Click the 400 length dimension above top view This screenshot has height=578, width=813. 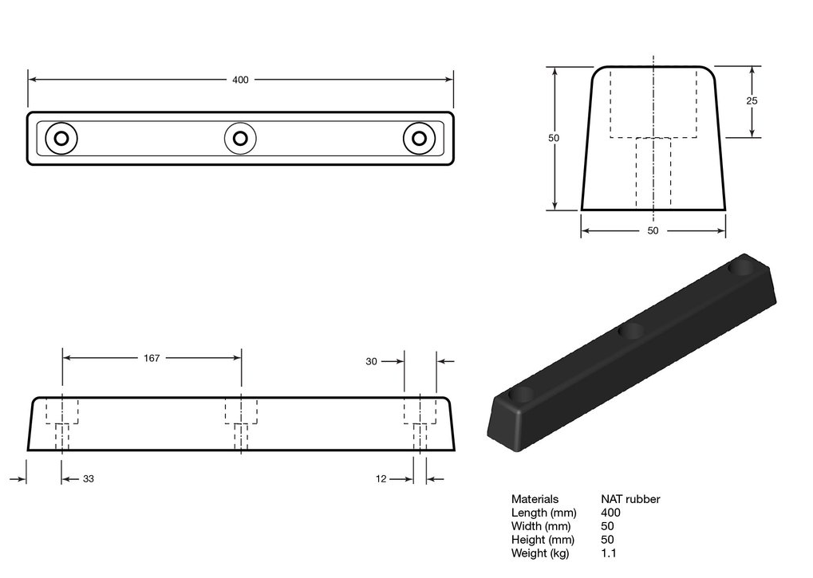240,80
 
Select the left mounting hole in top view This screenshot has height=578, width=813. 61,139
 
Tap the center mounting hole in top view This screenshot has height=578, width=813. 240,139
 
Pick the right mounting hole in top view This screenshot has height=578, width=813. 418,139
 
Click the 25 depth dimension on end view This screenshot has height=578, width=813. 752,101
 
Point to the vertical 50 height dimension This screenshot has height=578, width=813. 554,138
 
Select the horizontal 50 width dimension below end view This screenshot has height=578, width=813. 653,230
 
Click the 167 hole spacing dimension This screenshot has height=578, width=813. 152,358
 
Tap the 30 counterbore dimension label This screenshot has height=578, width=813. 371,361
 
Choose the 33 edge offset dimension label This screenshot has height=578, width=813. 89,479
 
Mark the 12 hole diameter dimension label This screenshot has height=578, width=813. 381,479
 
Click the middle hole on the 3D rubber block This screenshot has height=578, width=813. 632,331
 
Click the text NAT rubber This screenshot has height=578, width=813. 630,499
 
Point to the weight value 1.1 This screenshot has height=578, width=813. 609,553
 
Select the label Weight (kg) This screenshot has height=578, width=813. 540,553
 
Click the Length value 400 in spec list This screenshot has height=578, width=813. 610,513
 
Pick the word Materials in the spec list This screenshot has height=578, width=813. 535,499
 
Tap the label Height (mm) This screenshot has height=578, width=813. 543,540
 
